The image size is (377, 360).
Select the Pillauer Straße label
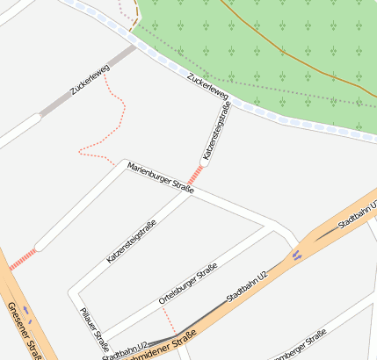tap(94, 328)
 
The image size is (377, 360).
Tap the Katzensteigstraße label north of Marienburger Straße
tap(216, 131)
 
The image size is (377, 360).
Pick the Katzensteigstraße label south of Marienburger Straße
tap(132, 242)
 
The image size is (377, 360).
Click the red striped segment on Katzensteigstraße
tap(194, 175)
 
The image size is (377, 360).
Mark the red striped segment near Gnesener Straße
tap(23, 258)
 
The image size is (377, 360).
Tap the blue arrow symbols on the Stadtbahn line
tap(297, 255)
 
